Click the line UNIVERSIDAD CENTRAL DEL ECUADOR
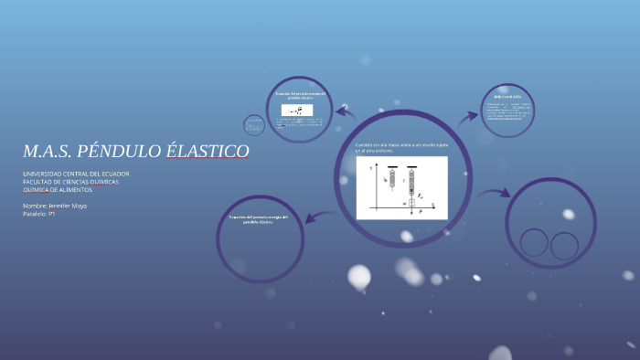pos(76,174)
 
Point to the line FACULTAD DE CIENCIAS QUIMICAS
pos(70,182)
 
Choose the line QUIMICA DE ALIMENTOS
pos(58,189)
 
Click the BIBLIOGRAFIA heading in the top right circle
pos(507,96)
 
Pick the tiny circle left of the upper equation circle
pos(254,125)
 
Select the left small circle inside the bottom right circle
pos(535,243)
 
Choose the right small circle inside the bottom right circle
pos(564,246)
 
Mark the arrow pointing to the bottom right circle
pos(494,194)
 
